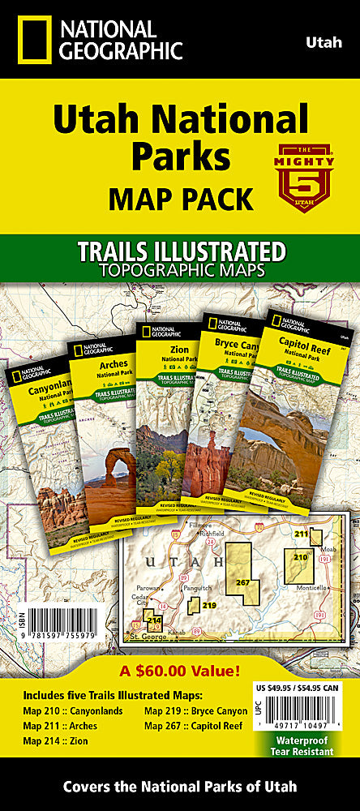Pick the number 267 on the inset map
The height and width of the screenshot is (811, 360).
[x=241, y=582]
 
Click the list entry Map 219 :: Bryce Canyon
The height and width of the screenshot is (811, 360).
[x=195, y=710]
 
